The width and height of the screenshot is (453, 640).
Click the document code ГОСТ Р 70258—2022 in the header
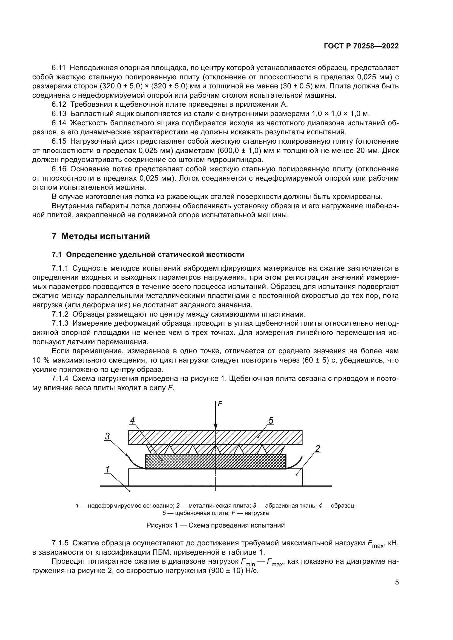click(x=361, y=46)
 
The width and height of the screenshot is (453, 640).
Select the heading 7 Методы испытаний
click(x=101, y=236)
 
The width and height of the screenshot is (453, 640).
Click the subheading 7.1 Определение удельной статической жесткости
click(x=148, y=254)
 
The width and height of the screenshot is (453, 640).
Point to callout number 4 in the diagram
click(x=133, y=420)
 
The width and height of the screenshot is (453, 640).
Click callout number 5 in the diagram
click(x=271, y=420)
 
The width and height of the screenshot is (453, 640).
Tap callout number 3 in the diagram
click(x=107, y=436)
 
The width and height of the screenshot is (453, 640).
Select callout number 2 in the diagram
click(x=317, y=448)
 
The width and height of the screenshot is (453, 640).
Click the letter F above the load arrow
click(x=220, y=404)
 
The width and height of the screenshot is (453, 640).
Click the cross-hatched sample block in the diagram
click(x=195, y=461)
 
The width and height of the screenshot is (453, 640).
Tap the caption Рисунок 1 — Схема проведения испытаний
click(x=215, y=525)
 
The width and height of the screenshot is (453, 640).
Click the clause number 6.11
click(x=59, y=68)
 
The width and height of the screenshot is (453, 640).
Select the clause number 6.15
click(x=59, y=141)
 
